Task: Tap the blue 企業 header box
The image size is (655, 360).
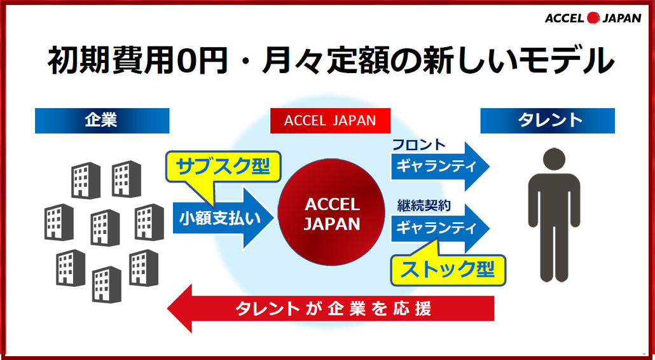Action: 102,121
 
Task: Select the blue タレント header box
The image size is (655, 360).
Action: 548,121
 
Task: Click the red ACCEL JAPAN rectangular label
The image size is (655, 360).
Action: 330,121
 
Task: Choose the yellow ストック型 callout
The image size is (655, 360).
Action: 448,270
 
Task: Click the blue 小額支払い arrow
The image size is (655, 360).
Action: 223,218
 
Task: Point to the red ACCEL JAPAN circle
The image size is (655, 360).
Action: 331,212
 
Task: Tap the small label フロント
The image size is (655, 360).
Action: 419,145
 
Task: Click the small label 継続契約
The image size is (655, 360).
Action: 424,206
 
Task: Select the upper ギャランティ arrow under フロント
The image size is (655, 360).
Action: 440,167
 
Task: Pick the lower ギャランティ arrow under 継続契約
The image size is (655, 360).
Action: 440,228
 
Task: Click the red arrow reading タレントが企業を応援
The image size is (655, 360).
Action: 331,308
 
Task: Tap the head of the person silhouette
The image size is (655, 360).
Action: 554,159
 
